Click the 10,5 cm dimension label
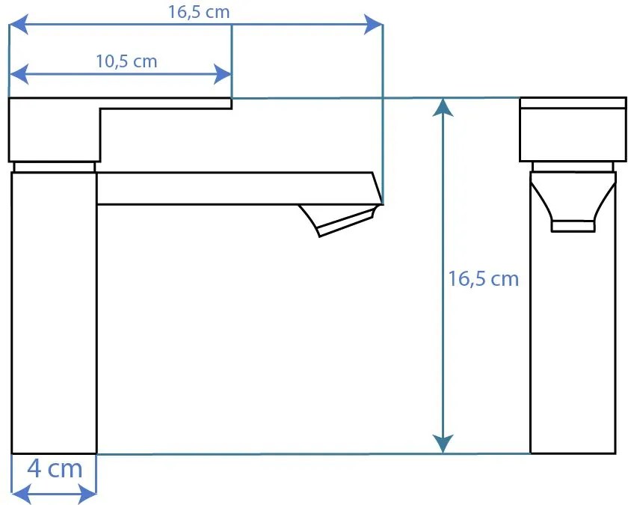[x=126, y=61]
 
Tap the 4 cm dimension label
[x=55, y=468]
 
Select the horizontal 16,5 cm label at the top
[x=199, y=12]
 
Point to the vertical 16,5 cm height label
[x=483, y=278]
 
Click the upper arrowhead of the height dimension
[x=443, y=108]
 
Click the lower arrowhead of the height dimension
[x=443, y=444]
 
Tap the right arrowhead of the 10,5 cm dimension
[x=222, y=74]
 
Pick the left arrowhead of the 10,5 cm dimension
[x=19, y=74]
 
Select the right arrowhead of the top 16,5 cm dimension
[x=373, y=25]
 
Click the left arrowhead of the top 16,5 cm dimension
[x=19, y=25]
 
